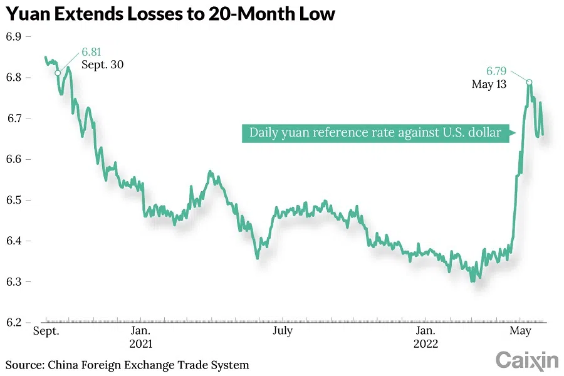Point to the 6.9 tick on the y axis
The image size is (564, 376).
pyautogui.click(x=14, y=37)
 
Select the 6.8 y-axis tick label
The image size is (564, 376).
pyautogui.click(x=14, y=78)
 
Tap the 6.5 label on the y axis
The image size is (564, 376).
pyautogui.click(x=14, y=200)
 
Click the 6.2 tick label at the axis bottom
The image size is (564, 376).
pyautogui.click(x=14, y=322)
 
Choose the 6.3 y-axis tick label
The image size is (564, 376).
pyautogui.click(x=14, y=281)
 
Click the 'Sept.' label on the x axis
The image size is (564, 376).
pyautogui.click(x=46, y=331)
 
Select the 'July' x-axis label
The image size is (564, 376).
pyautogui.click(x=282, y=331)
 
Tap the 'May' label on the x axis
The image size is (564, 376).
pyautogui.click(x=520, y=331)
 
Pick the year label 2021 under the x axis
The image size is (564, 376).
pyautogui.click(x=140, y=344)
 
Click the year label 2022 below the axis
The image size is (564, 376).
pyautogui.click(x=426, y=344)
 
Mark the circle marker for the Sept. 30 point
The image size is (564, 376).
pyautogui.click(x=58, y=73)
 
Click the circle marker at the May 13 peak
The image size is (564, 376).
pyautogui.click(x=530, y=82)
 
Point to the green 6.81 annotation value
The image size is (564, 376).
pyautogui.click(x=91, y=52)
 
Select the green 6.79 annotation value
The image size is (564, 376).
pyautogui.click(x=496, y=71)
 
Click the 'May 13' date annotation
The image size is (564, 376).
pyautogui.click(x=489, y=83)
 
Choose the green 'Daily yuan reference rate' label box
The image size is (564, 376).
pyautogui.click(x=375, y=132)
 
